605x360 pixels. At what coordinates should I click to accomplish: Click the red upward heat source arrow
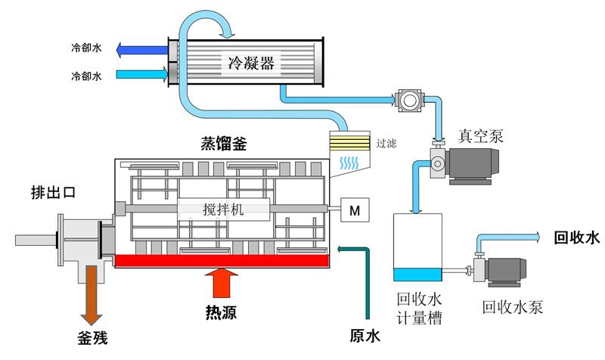click(x=220, y=284)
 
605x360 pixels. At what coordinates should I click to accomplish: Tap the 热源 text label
click(x=220, y=311)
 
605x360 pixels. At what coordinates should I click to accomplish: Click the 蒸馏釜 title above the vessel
click(x=220, y=145)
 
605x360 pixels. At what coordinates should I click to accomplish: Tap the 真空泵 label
click(x=481, y=135)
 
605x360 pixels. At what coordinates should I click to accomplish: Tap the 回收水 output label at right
click(x=576, y=238)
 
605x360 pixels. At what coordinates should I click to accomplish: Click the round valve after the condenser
click(x=410, y=98)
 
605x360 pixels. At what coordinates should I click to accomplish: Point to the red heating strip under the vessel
click(x=221, y=261)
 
